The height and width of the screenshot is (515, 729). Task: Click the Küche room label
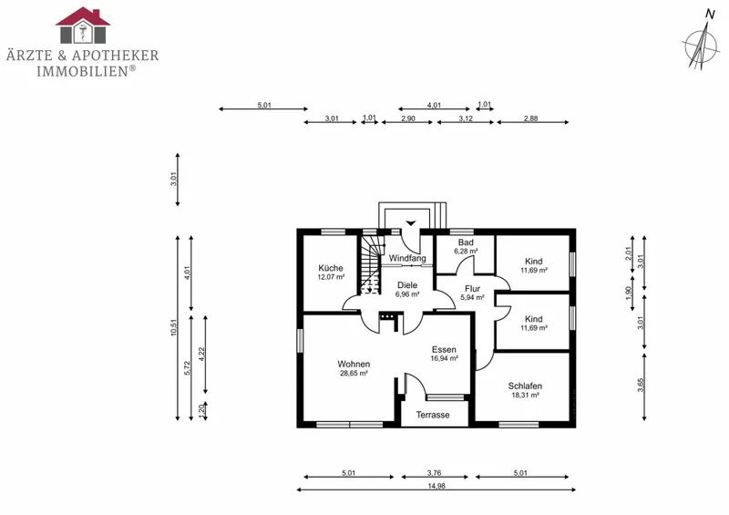331,268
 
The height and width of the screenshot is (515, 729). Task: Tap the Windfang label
407,258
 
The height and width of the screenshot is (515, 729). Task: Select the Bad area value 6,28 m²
466,252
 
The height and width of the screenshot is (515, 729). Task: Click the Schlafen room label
525,386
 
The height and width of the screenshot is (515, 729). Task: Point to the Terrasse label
433,415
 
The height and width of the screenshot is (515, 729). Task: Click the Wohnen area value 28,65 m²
354,373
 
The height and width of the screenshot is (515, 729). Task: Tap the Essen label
444,349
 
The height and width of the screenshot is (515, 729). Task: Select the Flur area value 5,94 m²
472,298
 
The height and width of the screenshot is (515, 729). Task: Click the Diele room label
407,285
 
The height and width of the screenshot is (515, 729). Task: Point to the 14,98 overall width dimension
436,486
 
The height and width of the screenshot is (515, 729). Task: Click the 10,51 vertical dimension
174,327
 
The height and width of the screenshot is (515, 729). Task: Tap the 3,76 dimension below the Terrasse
435,473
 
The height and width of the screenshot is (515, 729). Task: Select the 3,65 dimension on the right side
641,386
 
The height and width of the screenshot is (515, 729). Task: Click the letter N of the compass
710,15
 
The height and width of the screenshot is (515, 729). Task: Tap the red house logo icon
83,26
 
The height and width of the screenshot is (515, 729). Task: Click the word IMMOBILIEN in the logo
83,71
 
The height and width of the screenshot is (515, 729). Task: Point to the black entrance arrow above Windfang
411,223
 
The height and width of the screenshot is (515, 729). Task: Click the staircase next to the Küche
371,265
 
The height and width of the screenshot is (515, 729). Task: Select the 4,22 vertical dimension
201,354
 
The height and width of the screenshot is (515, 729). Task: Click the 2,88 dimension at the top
530,118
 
